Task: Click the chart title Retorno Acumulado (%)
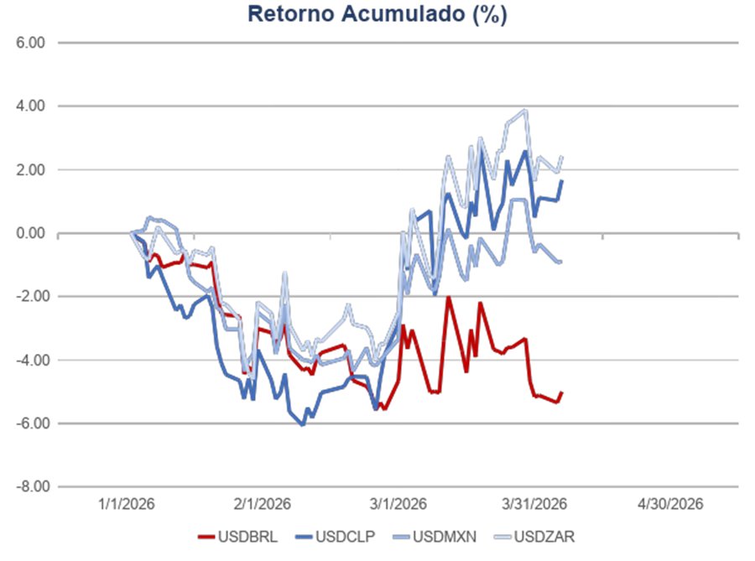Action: (377, 14)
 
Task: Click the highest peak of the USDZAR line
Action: (526, 110)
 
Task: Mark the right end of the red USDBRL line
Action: (562, 392)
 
